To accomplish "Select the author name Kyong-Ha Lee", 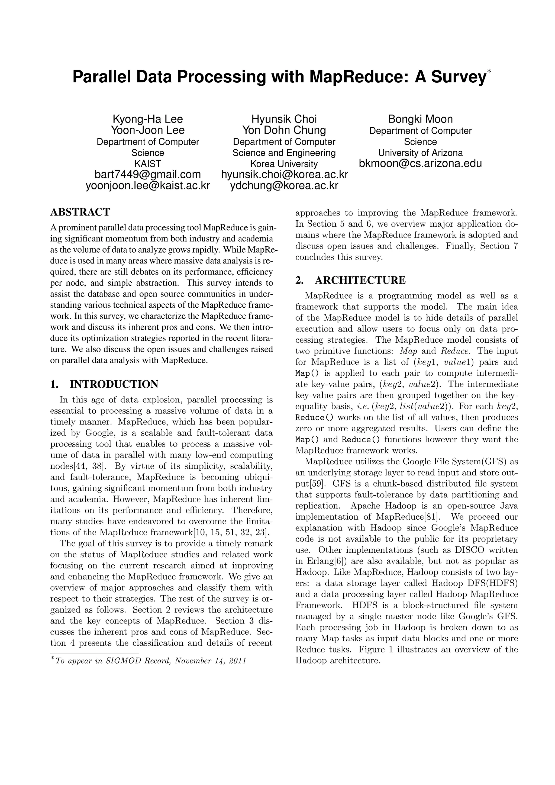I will (148, 119).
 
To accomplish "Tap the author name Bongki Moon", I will (420, 119).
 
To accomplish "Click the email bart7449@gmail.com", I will (148, 174).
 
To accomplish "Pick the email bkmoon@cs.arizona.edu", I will (420, 163).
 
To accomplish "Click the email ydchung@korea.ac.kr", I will (284, 185).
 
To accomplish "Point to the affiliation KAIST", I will (148, 163).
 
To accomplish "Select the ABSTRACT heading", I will (80, 212).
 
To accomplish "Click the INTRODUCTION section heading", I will (114, 384).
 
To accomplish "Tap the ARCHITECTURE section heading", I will (360, 280).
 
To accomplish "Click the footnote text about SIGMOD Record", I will (150, 661).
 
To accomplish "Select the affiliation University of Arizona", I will (420, 153).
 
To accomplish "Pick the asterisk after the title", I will (489, 71).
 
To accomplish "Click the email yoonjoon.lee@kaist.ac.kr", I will (148, 185).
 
